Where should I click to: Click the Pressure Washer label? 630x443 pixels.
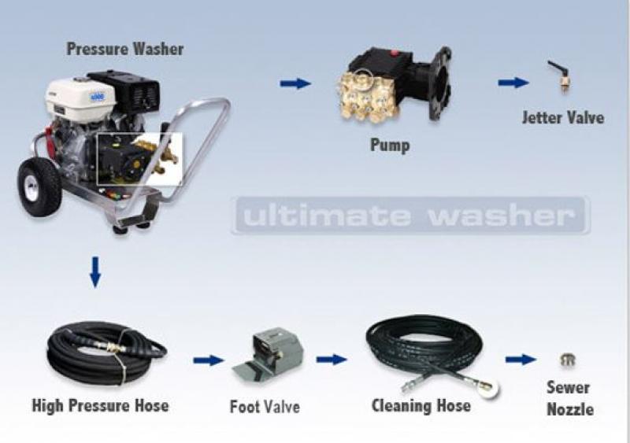tap(125, 49)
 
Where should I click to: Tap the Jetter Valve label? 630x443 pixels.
tap(563, 118)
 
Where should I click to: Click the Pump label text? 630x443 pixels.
tap(390, 145)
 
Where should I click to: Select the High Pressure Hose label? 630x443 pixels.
tap(100, 405)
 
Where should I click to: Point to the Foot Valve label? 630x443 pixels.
tap(265, 407)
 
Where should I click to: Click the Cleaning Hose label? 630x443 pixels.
tap(421, 406)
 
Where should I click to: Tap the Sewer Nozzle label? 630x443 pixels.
tap(569, 398)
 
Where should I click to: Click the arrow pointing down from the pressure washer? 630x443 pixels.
tap(95, 272)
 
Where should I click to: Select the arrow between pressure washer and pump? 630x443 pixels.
tap(295, 83)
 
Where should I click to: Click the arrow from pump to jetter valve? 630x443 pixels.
tap(513, 83)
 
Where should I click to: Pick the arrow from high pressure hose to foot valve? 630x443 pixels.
tap(208, 360)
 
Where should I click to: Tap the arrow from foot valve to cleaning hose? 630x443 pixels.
tap(332, 359)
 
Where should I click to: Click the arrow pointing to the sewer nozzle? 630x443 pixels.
tap(521, 359)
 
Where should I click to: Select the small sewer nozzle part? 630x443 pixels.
tap(568, 360)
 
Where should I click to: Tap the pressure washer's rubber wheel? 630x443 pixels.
tap(39, 186)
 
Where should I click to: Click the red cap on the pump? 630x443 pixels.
tap(395, 52)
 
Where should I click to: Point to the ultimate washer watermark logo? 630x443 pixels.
tap(410, 216)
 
